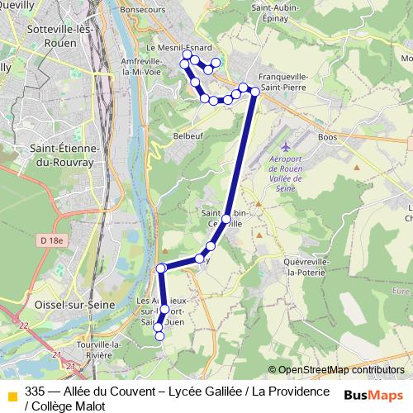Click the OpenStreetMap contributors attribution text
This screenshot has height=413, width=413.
[341, 370]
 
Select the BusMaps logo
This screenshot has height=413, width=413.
[374, 395]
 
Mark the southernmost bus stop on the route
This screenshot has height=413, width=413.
[159, 335]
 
